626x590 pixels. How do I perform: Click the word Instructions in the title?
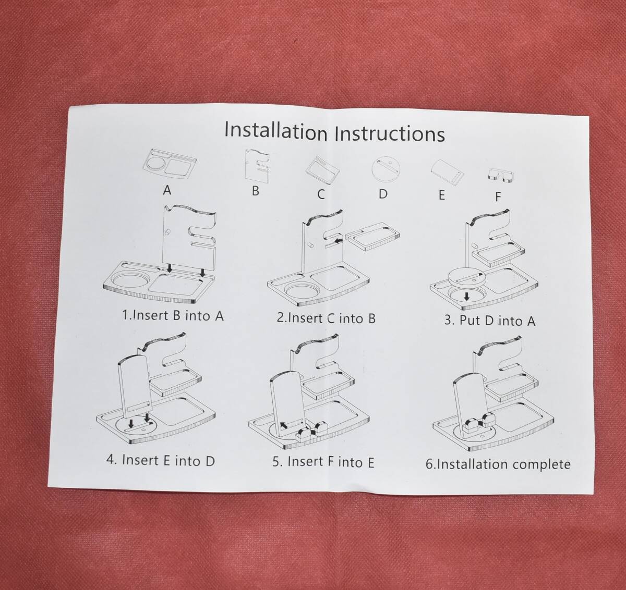(390, 133)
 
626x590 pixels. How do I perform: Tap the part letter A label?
(167, 190)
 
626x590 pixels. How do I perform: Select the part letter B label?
(256, 191)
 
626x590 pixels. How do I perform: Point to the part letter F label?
(498, 196)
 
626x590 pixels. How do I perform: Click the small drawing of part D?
(386, 170)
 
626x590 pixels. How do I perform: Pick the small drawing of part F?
(501, 176)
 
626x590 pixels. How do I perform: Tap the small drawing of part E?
(447, 173)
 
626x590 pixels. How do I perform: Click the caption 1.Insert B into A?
(173, 315)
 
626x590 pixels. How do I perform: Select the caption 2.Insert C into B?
(326, 318)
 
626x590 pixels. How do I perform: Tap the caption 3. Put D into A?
(490, 321)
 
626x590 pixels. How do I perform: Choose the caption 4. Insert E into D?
(161, 460)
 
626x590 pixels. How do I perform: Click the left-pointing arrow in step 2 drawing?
(339, 241)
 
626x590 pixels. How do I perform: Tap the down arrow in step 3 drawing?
(467, 297)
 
